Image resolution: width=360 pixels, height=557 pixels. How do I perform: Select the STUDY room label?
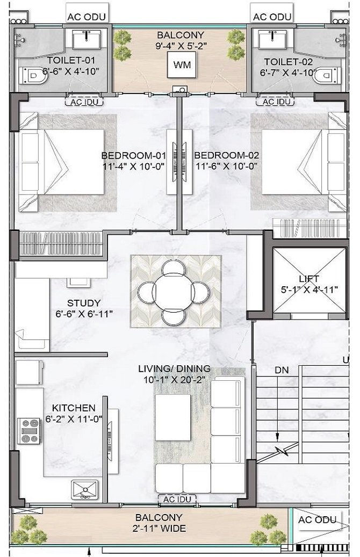(x=83, y=303)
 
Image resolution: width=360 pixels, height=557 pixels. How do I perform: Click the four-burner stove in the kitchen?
(x=29, y=431)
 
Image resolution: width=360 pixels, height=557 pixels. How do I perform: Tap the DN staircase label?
(x=282, y=371)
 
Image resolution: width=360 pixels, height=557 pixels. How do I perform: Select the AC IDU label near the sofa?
(x=177, y=500)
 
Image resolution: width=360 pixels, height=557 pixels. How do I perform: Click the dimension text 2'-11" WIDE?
(x=161, y=529)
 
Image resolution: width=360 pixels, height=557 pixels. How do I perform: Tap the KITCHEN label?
(x=74, y=408)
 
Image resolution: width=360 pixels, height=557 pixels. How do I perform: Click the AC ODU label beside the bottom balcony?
(x=317, y=519)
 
